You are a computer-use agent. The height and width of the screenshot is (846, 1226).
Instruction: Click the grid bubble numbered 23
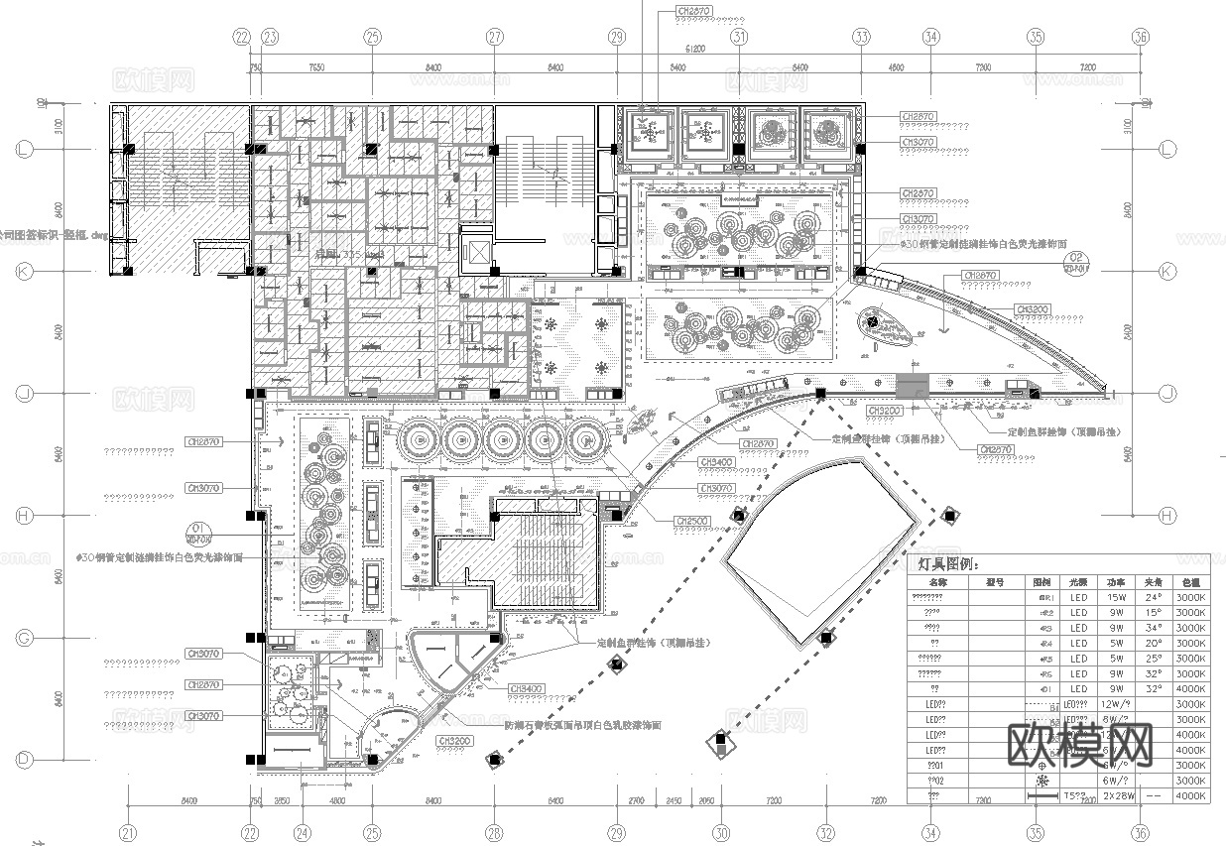[x=270, y=37]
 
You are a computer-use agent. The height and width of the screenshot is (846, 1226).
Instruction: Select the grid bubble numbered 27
[x=495, y=37]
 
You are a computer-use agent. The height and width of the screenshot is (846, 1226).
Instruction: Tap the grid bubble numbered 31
[x=739, y=37]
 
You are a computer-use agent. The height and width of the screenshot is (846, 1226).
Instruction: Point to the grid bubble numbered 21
[x=127, y=833]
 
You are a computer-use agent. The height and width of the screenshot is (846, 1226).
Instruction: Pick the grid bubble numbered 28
[x=494, y=833]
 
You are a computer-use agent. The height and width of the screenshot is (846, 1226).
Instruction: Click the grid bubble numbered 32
[x=826, y=833]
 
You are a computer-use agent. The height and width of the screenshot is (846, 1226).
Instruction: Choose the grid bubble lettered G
[x=27, y=638]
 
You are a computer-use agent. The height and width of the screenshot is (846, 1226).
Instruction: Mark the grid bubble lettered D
[x=27, y=760]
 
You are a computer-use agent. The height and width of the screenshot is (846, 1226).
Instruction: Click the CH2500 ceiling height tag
[x=691, y=521]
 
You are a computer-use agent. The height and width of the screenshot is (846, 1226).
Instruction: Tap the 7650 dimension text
[x=316, y=67]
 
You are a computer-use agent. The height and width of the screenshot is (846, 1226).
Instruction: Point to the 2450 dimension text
[x=674, y=799]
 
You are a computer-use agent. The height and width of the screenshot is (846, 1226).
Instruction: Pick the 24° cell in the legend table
[x=1153, y=598]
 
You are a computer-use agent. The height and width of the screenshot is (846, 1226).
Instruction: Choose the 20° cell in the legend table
[x=1153, y=644]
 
